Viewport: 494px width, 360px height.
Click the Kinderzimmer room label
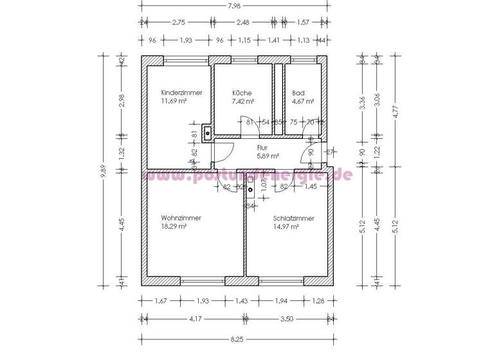click(x=181, y=93)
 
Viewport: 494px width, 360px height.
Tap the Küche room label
click(x=242, y=93)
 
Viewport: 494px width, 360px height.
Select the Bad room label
click(x=298, y=93)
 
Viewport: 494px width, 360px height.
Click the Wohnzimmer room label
click(x=181, y=218)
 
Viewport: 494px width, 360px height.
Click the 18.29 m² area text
click(x=174, y=226)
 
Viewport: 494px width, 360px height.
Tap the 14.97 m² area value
click(x=286, y=226)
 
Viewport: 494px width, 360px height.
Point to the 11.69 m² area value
click(x=174, y=101)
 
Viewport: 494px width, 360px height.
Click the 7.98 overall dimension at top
click(x=235, y=6)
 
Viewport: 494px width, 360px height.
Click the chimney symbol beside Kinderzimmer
click(x=206, y=134)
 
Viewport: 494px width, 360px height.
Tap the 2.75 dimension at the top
click(x=179, y=22)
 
